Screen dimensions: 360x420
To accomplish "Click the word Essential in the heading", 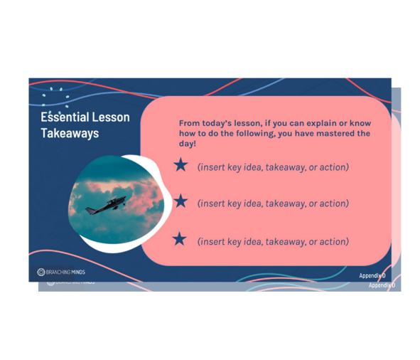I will (x=63, y=117).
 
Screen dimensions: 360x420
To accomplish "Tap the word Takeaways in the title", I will (x=70, y=133).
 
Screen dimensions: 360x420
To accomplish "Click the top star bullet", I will (x=181, y=165).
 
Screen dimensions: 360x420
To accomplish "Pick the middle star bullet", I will (x=181, y=201).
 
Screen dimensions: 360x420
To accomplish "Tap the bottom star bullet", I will (x=181, y=239).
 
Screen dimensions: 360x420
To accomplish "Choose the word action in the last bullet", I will (x=333, y=242).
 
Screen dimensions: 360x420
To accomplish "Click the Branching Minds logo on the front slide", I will (x=60, y=272).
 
